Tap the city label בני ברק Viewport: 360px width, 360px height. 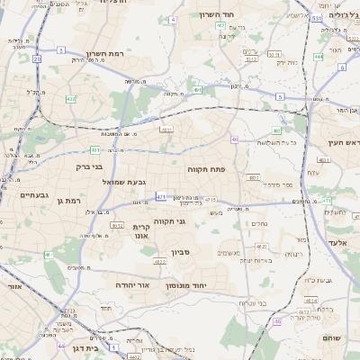[86, 166]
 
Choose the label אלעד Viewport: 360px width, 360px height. [338, 243]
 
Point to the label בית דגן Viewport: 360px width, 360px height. [83, 347]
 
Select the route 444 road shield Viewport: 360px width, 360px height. [319, 57]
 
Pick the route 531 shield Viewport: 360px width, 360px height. [317, 18]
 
